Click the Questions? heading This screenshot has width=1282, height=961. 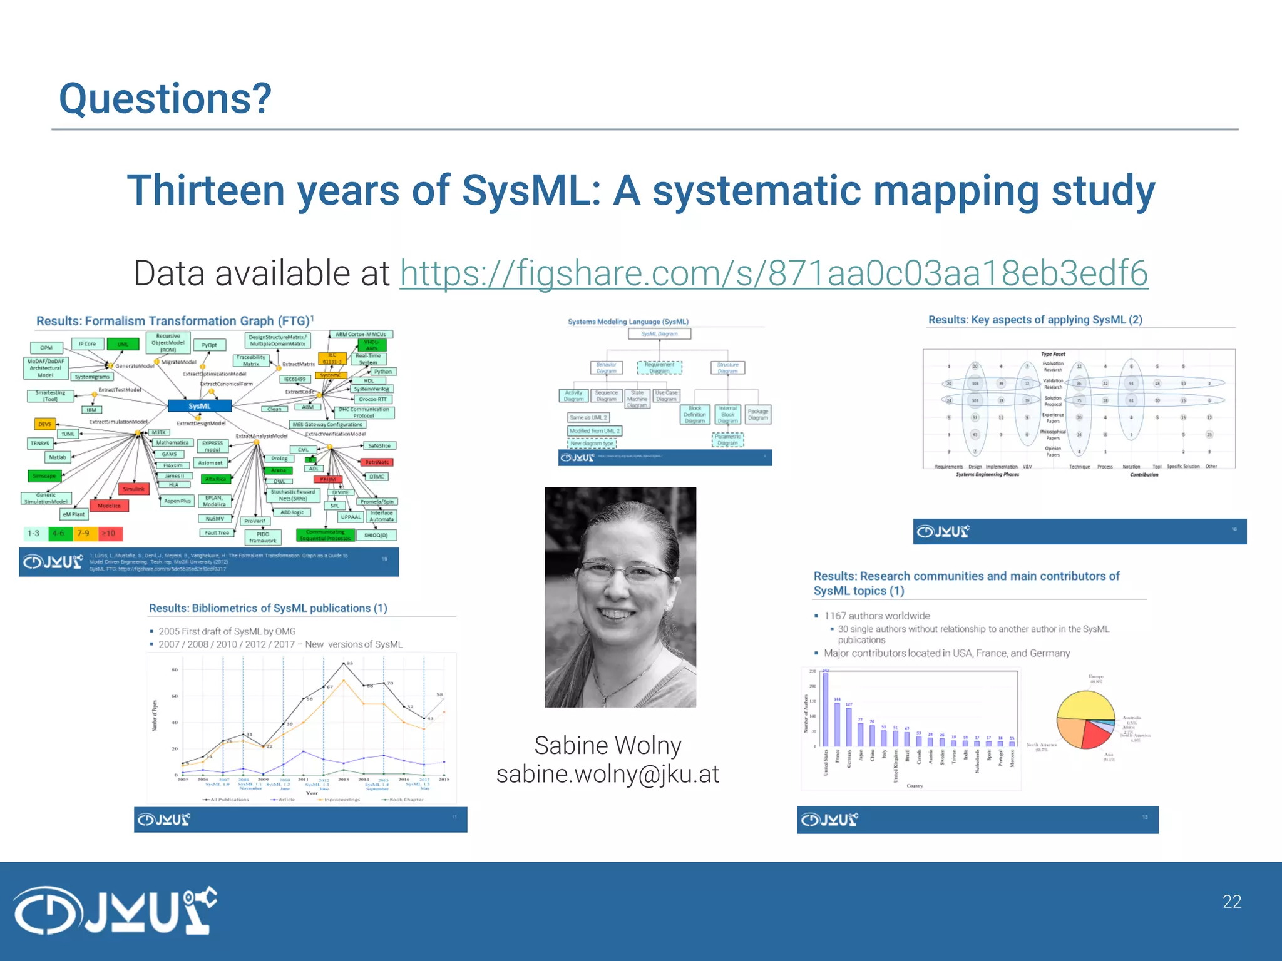pyautogui.click(x=165, y=99)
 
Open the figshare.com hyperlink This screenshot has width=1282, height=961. pyautogui.click(x=774, y=273)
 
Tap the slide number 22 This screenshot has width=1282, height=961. pyautogui.click(x=1231, y=902)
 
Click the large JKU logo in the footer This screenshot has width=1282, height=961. pyautogui.click(x=115, y=910)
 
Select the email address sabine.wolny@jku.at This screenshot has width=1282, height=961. pyautogui.click(x=607, y=775)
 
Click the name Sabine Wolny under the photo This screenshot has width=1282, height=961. pyautogui.click(x=607, y=746)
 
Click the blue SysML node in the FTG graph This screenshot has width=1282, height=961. pyautogui.click(x=200, y=406)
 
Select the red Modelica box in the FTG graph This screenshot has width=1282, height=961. pyautogui.click(x=109, y=506)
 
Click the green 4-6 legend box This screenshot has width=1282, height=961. pyautogui.click(x=59, y=534)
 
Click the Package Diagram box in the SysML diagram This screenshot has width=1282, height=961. pyautogui.click(x=757, y=415)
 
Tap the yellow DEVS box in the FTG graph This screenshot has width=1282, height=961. pyautogui.click(x=44, y=424)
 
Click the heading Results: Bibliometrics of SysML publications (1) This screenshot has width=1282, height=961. pyautogui.click(x=268, y=608)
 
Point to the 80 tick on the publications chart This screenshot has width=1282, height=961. pyautogui.click(x=175, y=670)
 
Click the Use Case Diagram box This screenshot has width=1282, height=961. pyautogui.click(x=666, y=396)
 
